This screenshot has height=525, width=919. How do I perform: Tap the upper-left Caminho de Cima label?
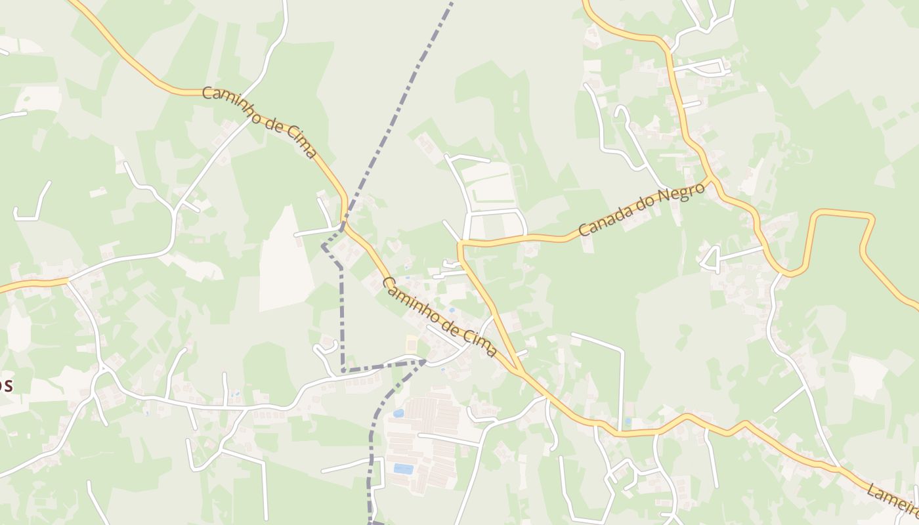[x=260, y=122]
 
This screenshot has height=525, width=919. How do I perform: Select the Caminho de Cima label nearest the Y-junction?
[x=439, y=318]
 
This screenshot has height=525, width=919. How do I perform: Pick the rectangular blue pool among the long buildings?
[x=403, y=469]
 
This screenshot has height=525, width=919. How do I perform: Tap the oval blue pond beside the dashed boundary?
[x=398, y=413]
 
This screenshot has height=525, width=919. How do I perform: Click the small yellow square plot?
[x=412, y=343]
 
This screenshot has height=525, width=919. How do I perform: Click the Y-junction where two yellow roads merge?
[x=519, y=371]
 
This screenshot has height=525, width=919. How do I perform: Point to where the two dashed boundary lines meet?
[x=425, y=361]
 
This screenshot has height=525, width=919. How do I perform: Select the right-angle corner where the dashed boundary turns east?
[x=343, y=371]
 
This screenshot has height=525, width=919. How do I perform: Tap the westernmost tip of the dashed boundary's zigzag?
[x=323, y=247]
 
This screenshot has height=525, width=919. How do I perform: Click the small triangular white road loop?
[x=711, y=259]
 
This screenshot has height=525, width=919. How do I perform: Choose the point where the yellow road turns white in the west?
[x=68, y=280]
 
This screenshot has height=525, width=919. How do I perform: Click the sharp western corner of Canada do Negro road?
[x=460, y=244]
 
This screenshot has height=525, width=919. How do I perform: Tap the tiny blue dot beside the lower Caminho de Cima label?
[x=452, y=310]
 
